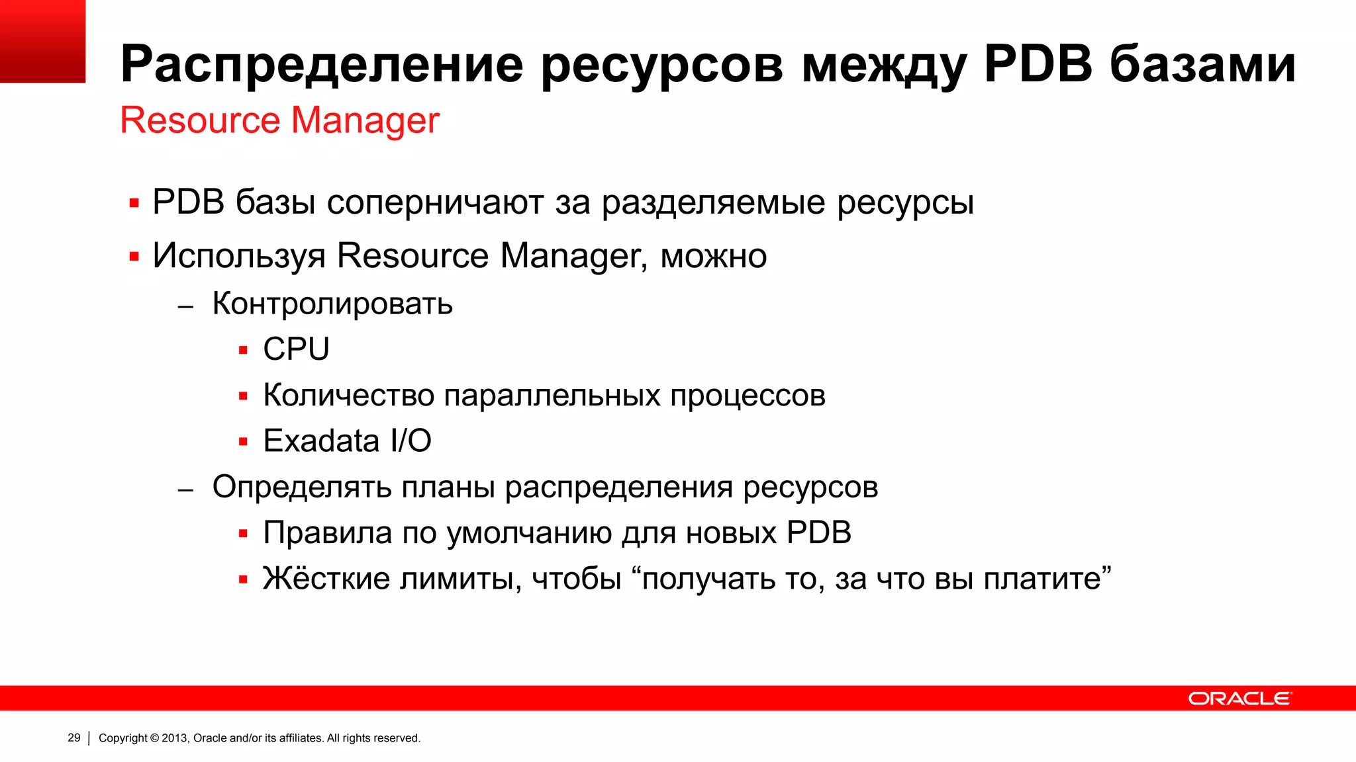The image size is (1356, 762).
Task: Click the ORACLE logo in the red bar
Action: coord(1239,698)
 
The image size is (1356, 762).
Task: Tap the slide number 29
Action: coord(74,738)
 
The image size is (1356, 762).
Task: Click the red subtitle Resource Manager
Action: coord(279,120)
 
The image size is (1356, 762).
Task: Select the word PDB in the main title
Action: coord(1038,63)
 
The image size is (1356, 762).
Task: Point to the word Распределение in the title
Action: coord(322,65)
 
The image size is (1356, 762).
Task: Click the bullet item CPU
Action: coord(296,349)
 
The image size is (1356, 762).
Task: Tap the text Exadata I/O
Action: coord(347,441)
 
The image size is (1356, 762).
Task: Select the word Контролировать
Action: coord(332,304)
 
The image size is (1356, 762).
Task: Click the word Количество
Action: coord(348,395)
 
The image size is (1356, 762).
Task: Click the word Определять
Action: coord(302,487)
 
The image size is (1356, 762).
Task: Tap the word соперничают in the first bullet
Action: coord(435,202)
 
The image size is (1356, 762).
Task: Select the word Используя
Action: coord(239,256)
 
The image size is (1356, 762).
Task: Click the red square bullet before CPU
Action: coord(243,351)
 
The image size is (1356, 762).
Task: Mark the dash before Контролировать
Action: coord(185,306)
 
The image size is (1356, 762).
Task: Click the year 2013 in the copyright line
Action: coord(174,738)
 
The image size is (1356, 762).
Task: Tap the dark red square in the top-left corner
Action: coord(42,41)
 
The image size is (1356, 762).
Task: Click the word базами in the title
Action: coord(1202,63)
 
